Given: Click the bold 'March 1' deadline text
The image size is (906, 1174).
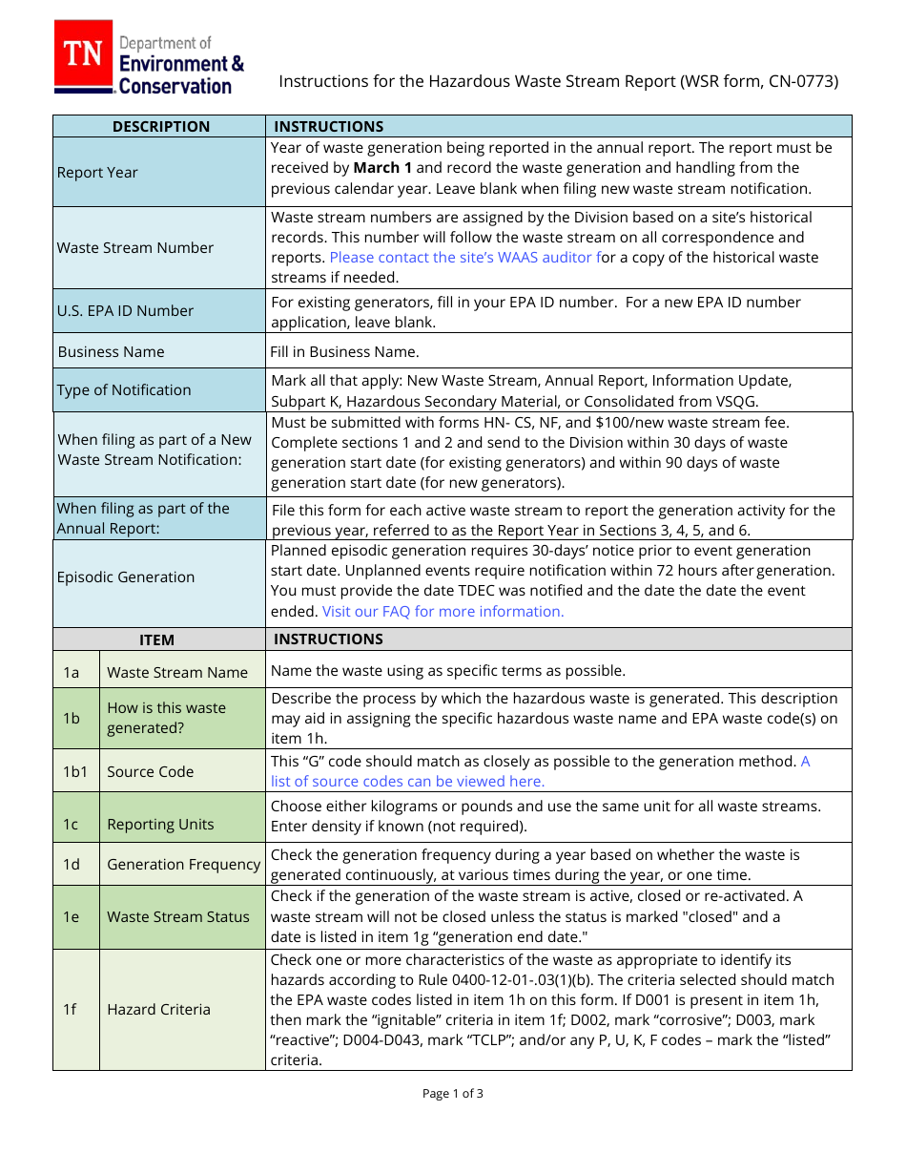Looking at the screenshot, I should coord(382,168).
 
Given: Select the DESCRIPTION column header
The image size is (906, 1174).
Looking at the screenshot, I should coord(160,126).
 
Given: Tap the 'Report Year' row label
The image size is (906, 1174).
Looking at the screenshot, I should coord(97,173).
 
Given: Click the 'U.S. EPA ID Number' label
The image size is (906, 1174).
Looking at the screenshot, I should coord(125,311).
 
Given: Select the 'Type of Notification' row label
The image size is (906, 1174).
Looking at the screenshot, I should coord(124,390).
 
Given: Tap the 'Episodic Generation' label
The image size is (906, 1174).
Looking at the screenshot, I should coord(126,577).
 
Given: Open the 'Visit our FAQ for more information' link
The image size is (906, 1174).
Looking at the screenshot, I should coord(443,612).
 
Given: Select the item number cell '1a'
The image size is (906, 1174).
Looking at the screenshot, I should coord(72,673).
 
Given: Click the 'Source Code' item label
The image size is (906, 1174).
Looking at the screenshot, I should coord(150,772).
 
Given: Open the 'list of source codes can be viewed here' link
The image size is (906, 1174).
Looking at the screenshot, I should coord(408,782).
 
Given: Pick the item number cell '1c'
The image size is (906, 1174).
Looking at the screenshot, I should coord(72,825).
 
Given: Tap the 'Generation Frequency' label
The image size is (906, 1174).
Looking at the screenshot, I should coord(183,865).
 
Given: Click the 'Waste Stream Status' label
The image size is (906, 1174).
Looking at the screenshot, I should coord(177,917).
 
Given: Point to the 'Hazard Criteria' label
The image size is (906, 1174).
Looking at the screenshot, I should coord(158,1010).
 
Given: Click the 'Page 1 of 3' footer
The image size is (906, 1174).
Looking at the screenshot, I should coord(452,1094).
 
